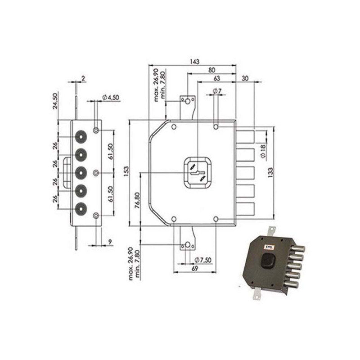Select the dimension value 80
coord(211,70)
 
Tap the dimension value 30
coord(245,78)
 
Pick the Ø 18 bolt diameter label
coord(264,152)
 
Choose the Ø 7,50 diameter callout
coord(203,260)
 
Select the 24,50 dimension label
coord(56,100)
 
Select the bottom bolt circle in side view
coord(81,207)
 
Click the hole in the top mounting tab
coord(187,103)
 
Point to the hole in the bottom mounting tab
coord(187,245)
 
